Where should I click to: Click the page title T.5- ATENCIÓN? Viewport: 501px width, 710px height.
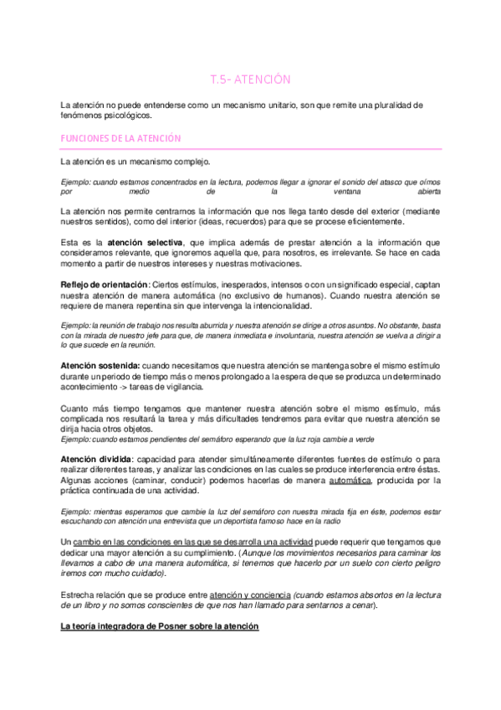tap(249, 80)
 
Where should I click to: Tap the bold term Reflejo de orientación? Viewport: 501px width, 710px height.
tap(99, 286)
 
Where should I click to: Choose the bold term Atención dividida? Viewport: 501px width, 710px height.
tap(96, 459)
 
